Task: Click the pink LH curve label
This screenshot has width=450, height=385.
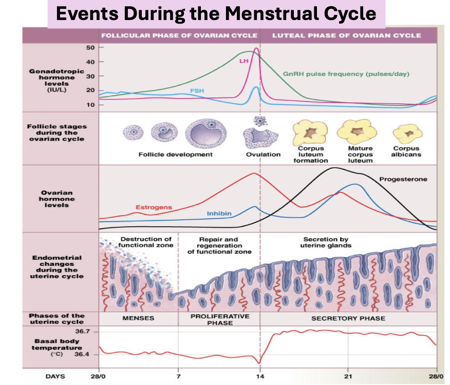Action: click(x=243, y=61)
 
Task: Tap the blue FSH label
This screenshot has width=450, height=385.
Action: click(x=197, y=91)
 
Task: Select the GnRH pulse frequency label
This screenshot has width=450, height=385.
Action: click(x=346, y=74)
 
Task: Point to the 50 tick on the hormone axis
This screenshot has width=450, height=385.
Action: click(x=90, y=47)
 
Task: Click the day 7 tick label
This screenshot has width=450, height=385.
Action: click(x=178, y=376)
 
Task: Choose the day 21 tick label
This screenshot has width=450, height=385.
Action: click(x=348, y=376)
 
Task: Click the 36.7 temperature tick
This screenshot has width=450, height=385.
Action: click(x=83, y=332)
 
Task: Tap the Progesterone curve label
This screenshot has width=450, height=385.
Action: click(x=403, y=179)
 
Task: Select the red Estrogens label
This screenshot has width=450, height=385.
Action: click(x=154, y=207)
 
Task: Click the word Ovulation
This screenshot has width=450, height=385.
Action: click(x=263, y=155)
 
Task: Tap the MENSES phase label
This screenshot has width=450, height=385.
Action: click(x=138, y=318)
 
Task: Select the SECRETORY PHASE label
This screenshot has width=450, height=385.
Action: click(x=348, y=318)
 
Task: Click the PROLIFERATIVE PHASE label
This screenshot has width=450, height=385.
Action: click(x=219, y=319)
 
